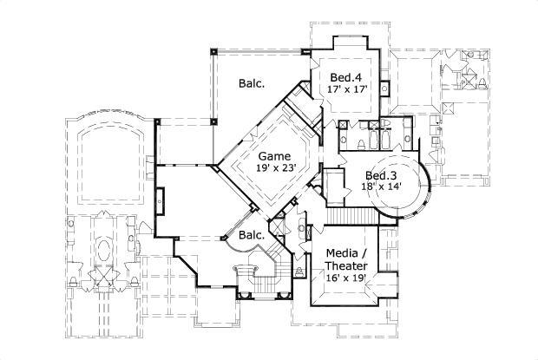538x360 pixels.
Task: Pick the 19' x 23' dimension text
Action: (276, 170)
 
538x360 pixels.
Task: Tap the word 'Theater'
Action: (346, 266)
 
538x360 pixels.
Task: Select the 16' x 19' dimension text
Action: (345, 278)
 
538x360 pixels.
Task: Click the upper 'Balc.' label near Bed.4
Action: (252, 84)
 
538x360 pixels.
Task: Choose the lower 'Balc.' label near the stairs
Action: (252, 235)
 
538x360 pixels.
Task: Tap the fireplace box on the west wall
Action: (159, 200)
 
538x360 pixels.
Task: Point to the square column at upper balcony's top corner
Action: (214, 49)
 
